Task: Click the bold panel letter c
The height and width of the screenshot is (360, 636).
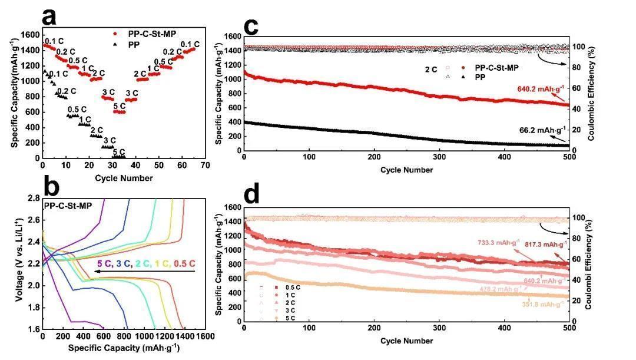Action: [x=251, y=27]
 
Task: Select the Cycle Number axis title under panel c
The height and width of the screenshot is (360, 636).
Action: [x=406, y=170]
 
